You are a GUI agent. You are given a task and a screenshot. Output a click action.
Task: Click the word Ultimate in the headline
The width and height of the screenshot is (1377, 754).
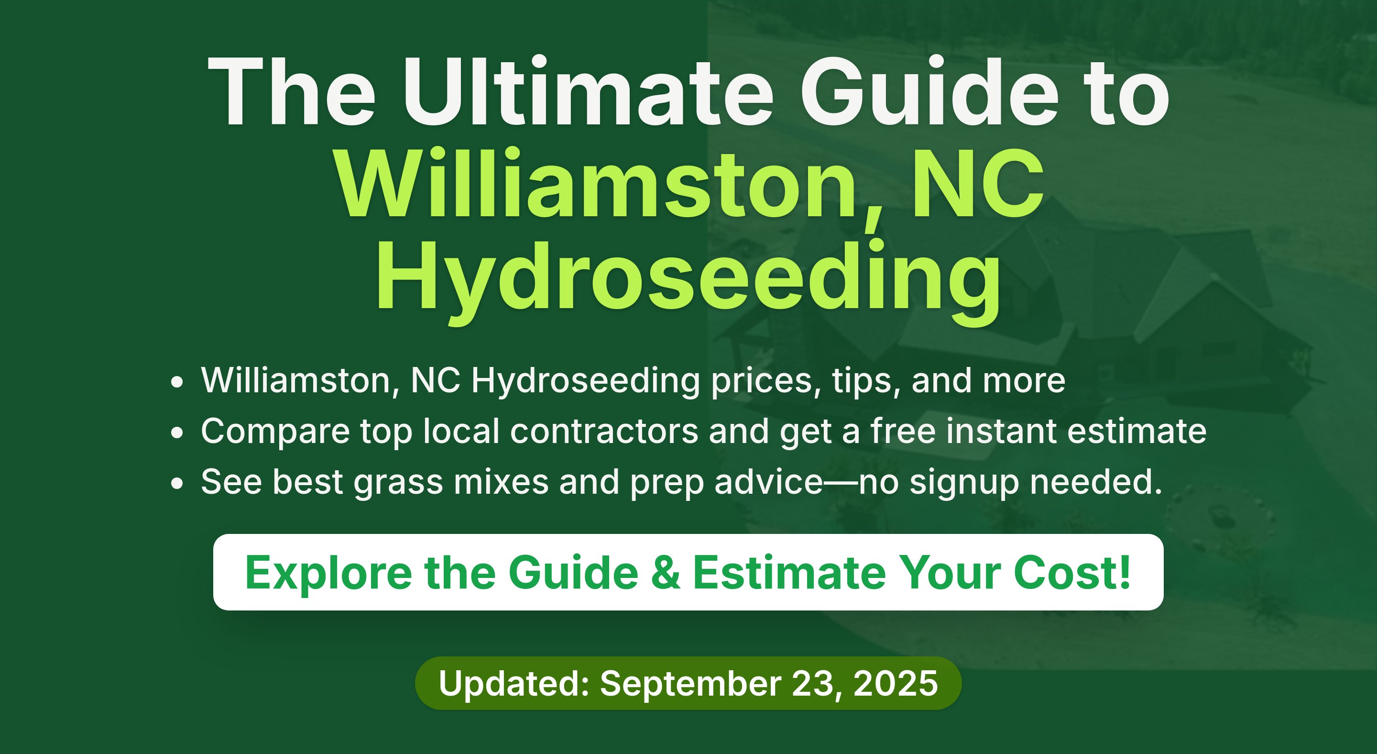point(588,91)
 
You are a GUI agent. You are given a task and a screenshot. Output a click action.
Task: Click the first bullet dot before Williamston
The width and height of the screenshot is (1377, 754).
point(177,383)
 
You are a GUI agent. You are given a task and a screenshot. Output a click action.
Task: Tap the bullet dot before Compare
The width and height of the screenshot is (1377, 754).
point(177,433)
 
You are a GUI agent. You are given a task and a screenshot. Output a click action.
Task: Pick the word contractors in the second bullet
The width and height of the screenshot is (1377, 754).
point(604,431)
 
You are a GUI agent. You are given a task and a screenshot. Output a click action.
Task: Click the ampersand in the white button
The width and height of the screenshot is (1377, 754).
point(666,573)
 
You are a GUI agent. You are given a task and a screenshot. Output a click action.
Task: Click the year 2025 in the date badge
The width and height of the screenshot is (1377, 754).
point(896,683)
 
